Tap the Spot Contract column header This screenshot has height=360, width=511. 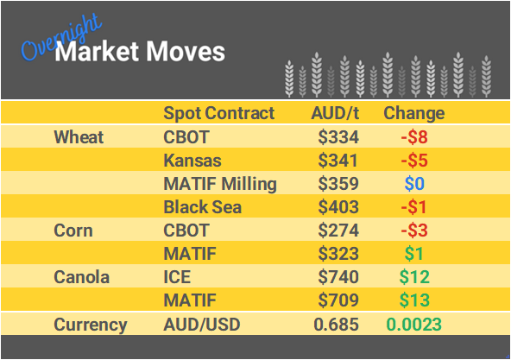click(218, 113)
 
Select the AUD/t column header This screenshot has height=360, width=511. click(336, 113)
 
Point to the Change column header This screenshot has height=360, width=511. click(413, 113)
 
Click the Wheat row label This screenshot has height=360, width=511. click(79, 137)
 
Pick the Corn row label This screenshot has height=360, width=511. click(73, 231)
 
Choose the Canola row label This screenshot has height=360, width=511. click(81, 277)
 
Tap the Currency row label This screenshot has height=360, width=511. click(91, 325)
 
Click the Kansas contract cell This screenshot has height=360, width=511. click(192, 161)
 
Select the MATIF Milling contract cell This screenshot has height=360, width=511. click(220, 184)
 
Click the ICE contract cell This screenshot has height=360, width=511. click(178, 277)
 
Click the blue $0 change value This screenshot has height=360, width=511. click(414, 184)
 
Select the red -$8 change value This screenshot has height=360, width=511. click(413, 137)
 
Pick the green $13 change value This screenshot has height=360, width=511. click(414, 301)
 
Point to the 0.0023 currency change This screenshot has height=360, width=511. click(413, 325)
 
